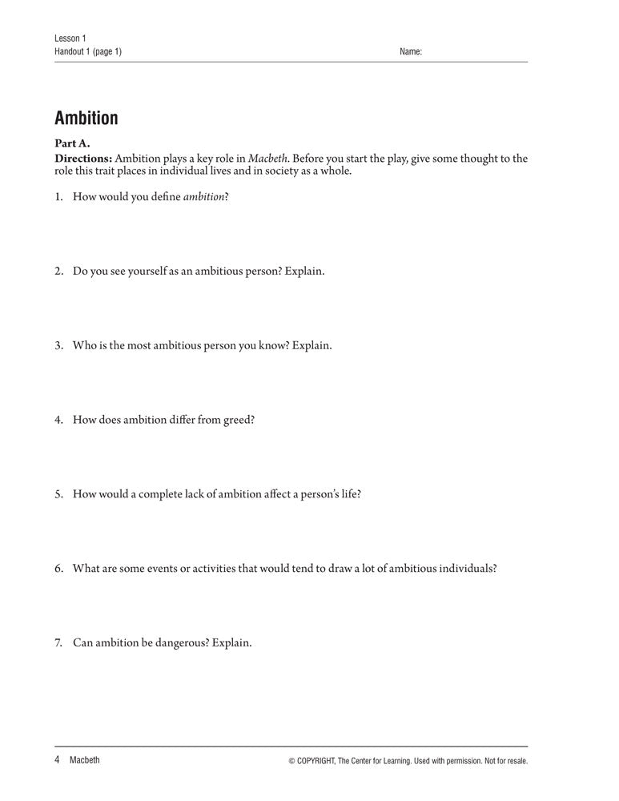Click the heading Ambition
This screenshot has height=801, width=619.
(x=86, y=119)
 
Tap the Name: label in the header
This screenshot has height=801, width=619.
(x=410, y=52)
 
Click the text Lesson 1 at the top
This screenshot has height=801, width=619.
(x=70, y=38)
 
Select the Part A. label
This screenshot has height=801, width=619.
(x=72, y=144)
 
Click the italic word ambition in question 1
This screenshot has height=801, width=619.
(x=203, y=196)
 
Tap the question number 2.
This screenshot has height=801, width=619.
(x=58, y=271)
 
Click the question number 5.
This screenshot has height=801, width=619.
(x=58, y=493)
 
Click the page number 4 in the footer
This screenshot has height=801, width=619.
(x=58, y=760)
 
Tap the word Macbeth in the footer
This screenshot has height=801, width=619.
(x=85, y=760)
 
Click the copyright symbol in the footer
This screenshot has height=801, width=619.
(x=291, y=761)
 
